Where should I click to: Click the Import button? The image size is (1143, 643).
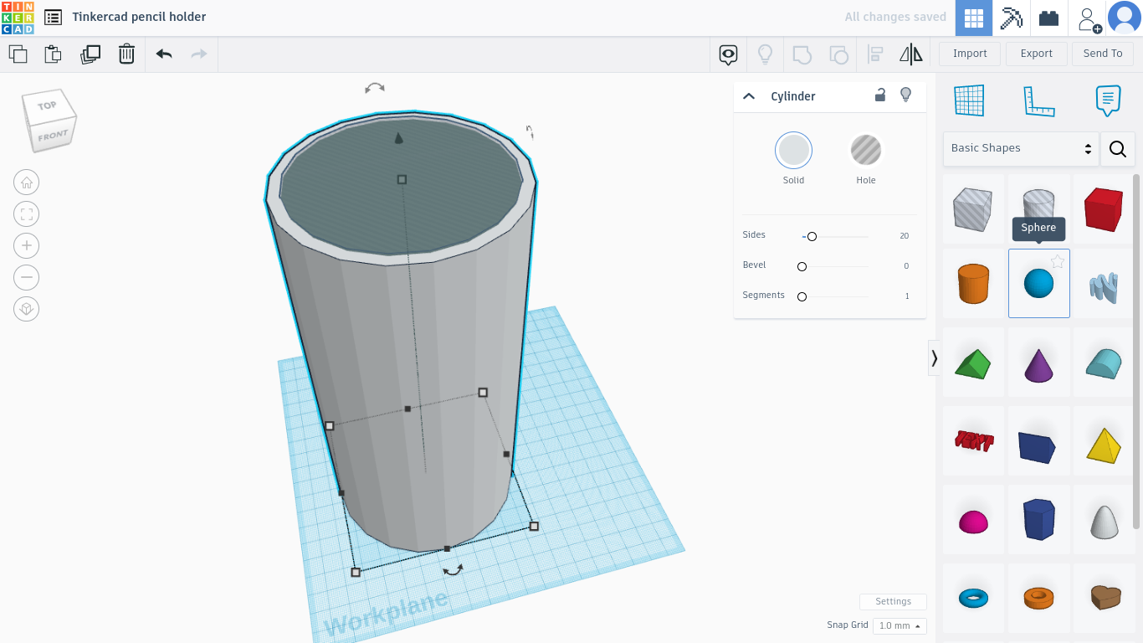pos(970,54)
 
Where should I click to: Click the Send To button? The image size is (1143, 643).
pos(1102,54)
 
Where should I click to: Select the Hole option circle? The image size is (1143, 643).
pos(865,151)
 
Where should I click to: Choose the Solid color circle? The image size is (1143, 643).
pos(793,151)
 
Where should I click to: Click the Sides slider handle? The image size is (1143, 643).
pos(812,237)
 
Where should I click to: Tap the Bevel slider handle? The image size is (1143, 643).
pos(802,267)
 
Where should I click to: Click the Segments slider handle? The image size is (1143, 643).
pos(802,297)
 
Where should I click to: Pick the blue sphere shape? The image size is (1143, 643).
pos(1038,284)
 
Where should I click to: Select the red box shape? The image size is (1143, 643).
pos(1103,208)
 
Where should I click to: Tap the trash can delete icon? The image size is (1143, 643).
pos(126,54)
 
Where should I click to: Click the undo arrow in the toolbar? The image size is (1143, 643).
pos(164,54)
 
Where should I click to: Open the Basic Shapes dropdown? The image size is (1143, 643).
pos(1020,148)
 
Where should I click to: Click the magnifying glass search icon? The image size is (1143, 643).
pos(1117,149)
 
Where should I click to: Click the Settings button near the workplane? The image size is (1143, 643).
pos(893,602)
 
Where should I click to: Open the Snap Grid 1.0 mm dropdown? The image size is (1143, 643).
pos(900,626)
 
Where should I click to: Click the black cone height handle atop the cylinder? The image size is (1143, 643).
pos(399,138)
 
